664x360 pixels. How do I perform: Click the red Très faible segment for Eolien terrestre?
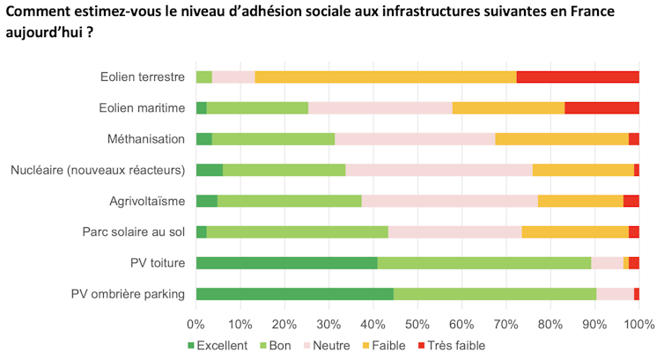click(x=577, y=77)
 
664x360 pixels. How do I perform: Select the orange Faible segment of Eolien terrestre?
click(x=385, y=77)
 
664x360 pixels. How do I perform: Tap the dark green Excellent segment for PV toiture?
click(x=286, y=262)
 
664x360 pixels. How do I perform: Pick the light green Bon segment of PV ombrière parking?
click(x=494, y=294)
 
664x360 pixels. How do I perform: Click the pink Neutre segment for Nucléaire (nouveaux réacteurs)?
click(x=439, y=170)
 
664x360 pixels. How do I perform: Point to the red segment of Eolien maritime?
click(x=601, y=107)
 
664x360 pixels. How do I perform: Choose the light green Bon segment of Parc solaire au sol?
click(x=298, y=231)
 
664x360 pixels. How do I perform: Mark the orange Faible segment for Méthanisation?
click(x=561, y=139)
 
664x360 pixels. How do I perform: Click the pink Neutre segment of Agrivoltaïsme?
click(x=449, y=201)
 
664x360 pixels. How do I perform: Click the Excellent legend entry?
click(x=218, y=346)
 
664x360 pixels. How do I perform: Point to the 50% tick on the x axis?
click(x=417, y=323)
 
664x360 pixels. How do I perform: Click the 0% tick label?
click(x=196, y=323)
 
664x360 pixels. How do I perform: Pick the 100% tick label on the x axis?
click(x=638, y=323)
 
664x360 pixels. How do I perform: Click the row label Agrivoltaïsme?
click(x=147, y=201)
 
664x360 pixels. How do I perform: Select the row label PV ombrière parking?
click(x=129, y=294)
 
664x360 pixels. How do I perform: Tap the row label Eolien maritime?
click(x=143, y=107)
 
